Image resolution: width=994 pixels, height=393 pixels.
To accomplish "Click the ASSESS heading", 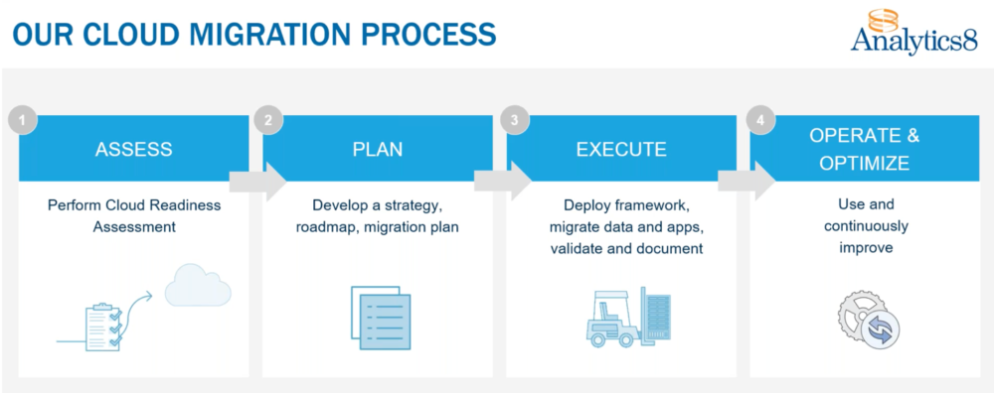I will (x=133, y=150).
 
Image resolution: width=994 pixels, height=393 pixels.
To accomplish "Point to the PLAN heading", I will (x=378, y=150).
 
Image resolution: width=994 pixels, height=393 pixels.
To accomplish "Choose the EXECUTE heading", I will (x=621, y=150).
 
